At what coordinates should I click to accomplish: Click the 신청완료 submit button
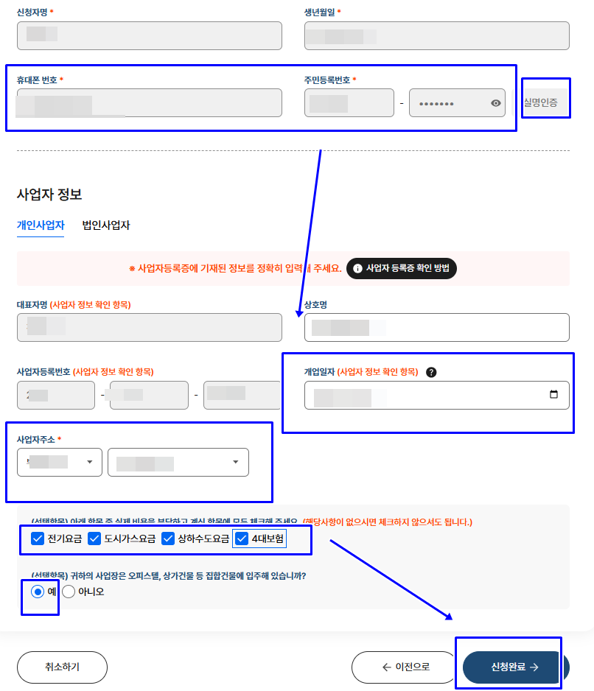click(514, 667)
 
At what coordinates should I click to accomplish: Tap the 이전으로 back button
click(405, 667)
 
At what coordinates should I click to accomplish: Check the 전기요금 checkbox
click(38, 539)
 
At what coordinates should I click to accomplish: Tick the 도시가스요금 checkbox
click(94, 539)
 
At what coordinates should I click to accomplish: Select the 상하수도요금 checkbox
click(168, 539)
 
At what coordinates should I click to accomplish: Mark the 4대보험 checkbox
click(241, 539)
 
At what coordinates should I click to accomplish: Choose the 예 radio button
click(38, 591)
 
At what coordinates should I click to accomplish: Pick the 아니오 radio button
click(69, 591)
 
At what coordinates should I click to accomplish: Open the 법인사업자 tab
click(106, 225)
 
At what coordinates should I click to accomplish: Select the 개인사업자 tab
click(41, 225)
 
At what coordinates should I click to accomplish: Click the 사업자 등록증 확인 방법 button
click(401, 268)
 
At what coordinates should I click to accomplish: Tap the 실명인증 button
click(545, 102)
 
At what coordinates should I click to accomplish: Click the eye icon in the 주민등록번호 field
click(496, 103)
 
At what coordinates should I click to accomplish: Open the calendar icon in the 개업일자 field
click(554, 395)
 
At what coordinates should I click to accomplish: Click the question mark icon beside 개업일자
click(431, 372)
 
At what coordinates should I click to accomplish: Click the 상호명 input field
click(436, 328)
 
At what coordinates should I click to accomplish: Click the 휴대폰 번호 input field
click(149, 103)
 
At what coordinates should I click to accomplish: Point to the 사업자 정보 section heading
click(49, 194)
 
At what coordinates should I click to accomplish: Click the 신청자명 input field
click(149, 35)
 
